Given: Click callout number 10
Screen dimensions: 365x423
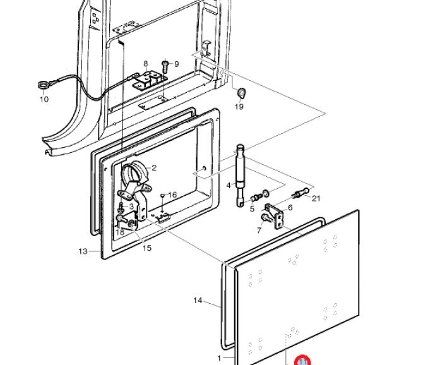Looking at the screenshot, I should pyautogui.click(x=44, y=99).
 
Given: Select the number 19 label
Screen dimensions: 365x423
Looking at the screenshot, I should pyautogui.click(x=239, y=107).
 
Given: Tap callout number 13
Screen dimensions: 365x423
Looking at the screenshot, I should pyautogui.click(x=83, y=251).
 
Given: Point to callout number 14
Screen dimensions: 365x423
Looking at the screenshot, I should pyautogui.click(x=198, y=301).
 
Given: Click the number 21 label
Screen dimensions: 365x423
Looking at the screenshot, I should pyautogui.click(x=316, y=198).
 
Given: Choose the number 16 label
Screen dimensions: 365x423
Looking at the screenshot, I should pyautogui.click(x=172, y=195).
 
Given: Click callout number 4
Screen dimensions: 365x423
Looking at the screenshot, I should pyautogui.click(x=229, y=185).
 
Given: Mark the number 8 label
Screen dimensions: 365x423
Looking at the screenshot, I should pyautogui.click(x=145, y=64).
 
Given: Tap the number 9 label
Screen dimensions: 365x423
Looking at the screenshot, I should pyautogui.click(x=176, y=64).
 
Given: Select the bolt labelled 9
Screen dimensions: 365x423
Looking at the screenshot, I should pyautogui.click(x=165, y=64).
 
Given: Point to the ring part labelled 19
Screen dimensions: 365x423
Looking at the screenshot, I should pyautogui.click(x=241, y=93).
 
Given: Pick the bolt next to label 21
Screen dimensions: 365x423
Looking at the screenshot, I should pyautogui.click(x=300, y=192).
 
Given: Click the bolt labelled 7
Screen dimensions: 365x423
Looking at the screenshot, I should pyautogui.click(x=264, y=218).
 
